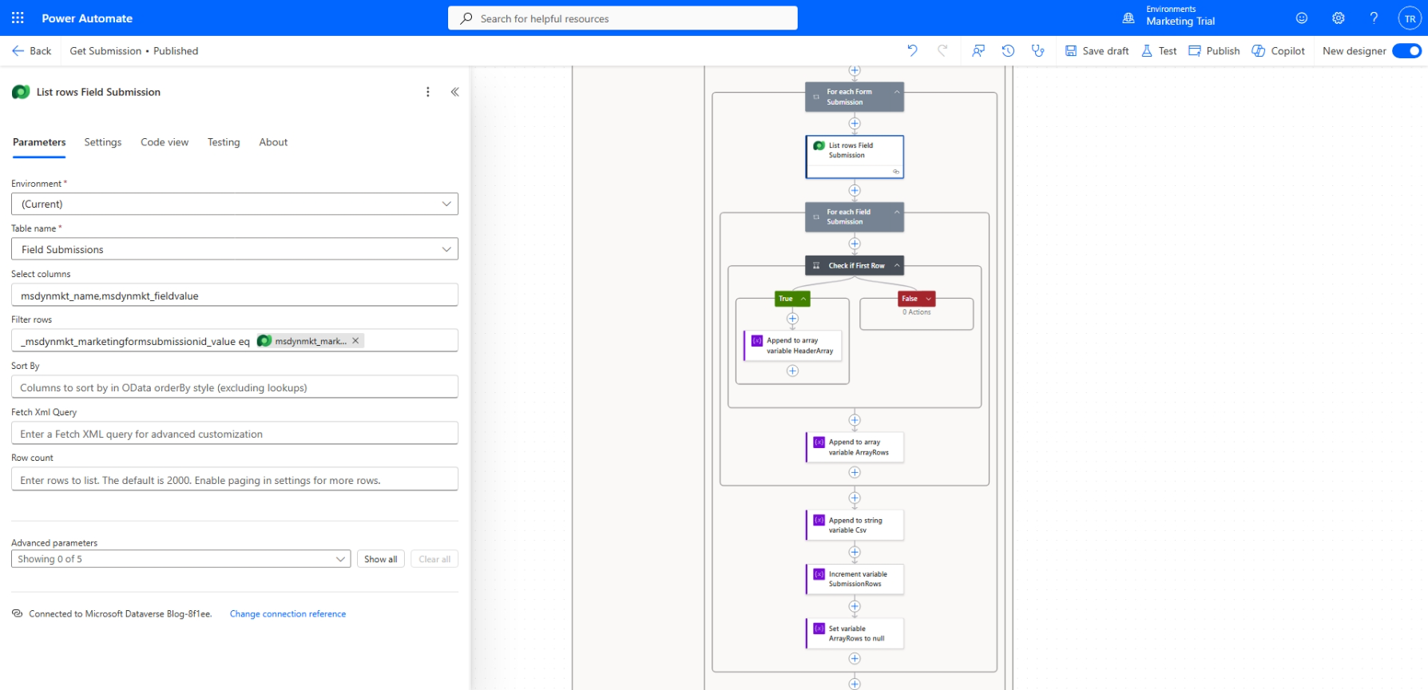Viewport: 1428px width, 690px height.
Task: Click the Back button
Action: click(x=32, y=51)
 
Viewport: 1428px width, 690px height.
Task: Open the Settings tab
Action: click(x=103, y=142)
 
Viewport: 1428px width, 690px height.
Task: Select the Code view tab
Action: click(x=165, y=142)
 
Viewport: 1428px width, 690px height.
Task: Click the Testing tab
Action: click(x=224, y=142)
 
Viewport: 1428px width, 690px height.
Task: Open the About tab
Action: click(x=273, y=142)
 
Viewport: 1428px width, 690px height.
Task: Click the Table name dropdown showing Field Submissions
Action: click(x=235, y=249)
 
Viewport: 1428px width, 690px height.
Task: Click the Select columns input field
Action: click(x=235, y=295)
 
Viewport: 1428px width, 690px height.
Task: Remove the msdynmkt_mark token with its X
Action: click(x=355, y=341)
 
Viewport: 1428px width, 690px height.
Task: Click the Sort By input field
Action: click(x=235, y=387)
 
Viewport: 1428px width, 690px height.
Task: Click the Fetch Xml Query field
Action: click(x=235, y=434)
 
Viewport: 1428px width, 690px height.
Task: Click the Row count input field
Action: click(x=235, y=480)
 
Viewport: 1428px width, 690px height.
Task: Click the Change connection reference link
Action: click(x=288, y=614)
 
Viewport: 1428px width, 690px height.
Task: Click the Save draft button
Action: click(x=1097, y=51)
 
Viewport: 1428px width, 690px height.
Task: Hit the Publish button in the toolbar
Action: click(x=1214, y=51)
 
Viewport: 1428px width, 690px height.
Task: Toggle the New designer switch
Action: click(x=1406, y=51)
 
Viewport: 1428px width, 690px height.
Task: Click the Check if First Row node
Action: click(x=855, y=265)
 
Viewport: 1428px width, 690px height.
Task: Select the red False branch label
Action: click(x=917, y=299)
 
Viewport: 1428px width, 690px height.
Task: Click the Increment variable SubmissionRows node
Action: click(x=855, y=579)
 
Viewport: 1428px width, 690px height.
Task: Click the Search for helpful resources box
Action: click(x=623, y=18)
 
